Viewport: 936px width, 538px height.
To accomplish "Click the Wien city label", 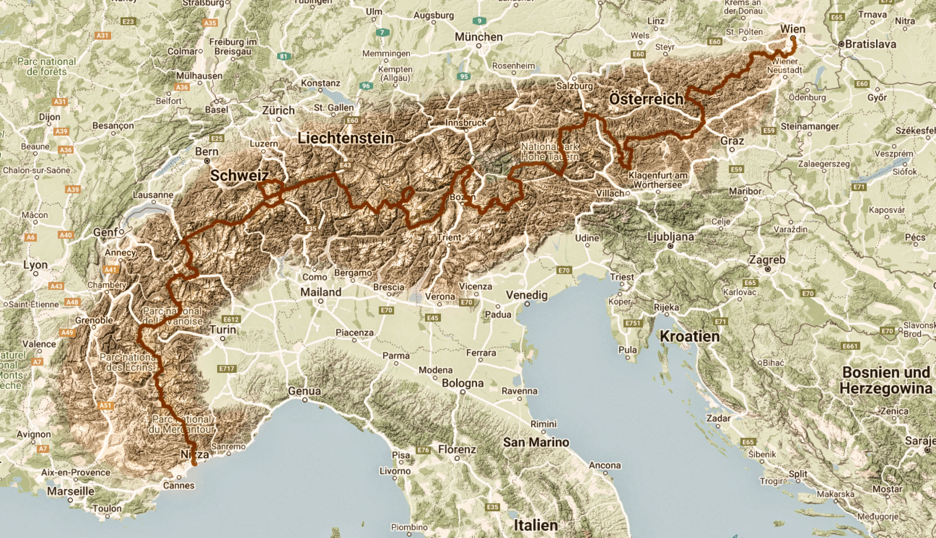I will (792, 29).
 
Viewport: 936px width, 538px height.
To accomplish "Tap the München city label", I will (479, 37).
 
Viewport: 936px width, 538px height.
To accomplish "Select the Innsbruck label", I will (465, 122).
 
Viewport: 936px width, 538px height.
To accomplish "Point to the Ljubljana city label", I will (670, 236).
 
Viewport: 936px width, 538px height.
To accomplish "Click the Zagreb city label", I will (767, 260).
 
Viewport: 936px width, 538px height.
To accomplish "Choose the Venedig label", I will (526, 295).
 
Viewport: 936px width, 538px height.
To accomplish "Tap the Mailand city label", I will (320, 292).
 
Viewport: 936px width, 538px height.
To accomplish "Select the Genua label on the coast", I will (304, 391).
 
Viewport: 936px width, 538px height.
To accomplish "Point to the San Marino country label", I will (536, 442).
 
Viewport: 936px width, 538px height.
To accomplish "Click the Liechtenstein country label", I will (346, 138).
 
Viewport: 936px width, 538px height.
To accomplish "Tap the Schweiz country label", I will (239, 175).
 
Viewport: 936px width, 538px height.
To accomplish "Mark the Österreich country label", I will (646, 99).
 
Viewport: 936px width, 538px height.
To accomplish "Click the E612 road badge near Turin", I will (231, 319).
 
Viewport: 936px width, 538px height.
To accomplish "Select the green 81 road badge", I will (283, 57).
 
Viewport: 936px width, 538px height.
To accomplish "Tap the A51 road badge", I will (105, 405).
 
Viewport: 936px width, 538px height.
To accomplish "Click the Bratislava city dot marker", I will (841, 44).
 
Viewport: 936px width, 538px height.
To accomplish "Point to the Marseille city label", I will (71, 491).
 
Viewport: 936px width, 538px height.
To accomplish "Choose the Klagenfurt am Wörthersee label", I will (658, 179).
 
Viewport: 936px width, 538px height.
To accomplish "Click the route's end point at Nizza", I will (195, 463).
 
